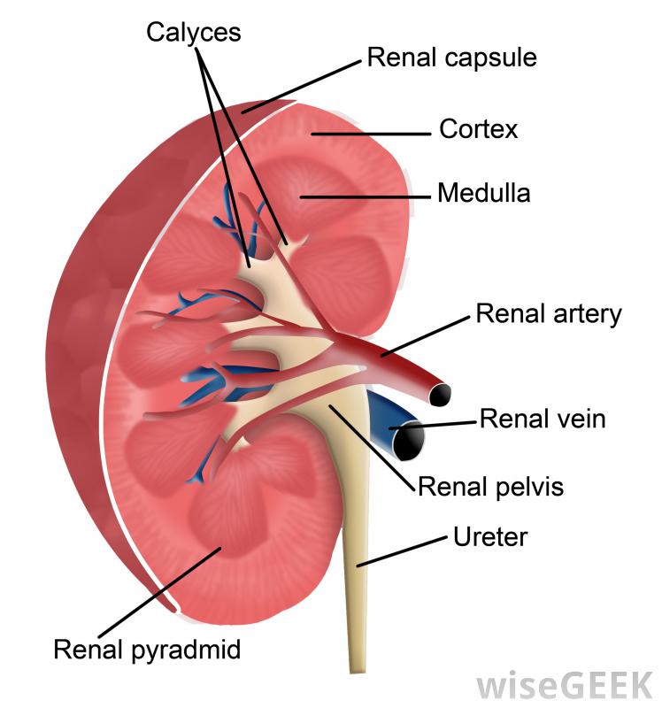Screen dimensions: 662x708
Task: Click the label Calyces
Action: click(x=193, y=33)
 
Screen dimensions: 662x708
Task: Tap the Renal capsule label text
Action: click(x=451, y=58)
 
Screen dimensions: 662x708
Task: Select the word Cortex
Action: click(x=478, y=129)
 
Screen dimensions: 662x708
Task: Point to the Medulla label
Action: click(x=483, y=193)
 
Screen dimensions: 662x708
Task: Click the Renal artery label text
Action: click(x=549, y=314)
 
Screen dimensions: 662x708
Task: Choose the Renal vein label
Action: click(x=543, y=419)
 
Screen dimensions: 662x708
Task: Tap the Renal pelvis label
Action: click(x=491, y=487)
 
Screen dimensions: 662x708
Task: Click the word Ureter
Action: click(x=490, y=537)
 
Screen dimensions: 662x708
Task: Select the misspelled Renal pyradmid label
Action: click(x=147, y=650)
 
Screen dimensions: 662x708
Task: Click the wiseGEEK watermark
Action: click(x=566, y=685)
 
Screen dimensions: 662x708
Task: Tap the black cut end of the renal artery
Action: click(x=440, y=395)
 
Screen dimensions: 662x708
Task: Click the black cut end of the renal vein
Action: click(x=409, y=441)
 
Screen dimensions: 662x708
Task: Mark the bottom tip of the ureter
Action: click(x=357, y=672)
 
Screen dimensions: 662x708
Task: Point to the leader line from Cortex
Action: click(x=371, y=135)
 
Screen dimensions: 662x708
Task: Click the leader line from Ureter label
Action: click(x=402, y=551)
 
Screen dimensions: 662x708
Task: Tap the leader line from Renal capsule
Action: click(x=301, y=87)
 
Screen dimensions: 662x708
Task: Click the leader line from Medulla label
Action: click(x=365, y=197)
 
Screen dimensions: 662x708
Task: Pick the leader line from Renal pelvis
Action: click(x=372, y=448)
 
